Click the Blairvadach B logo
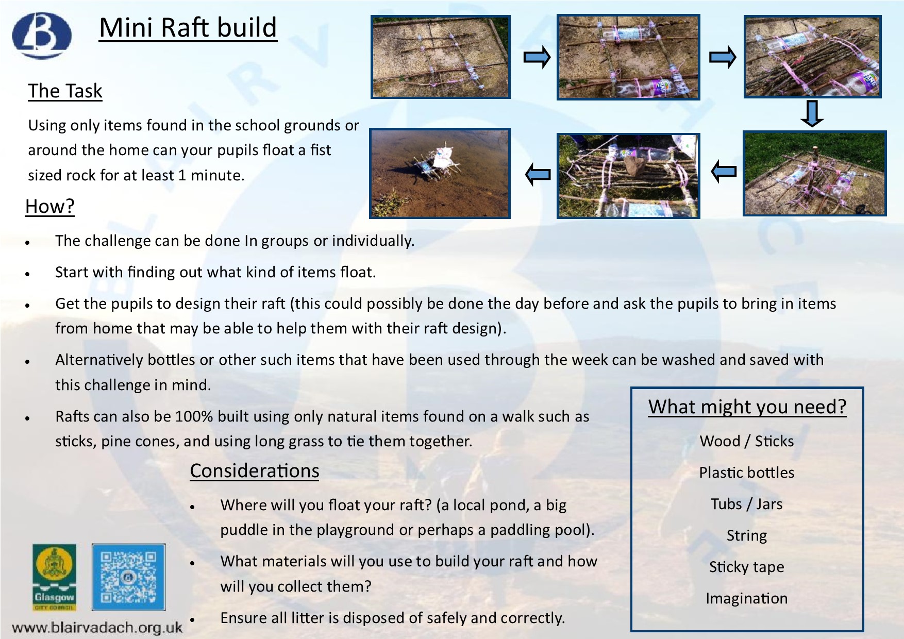[42, 36]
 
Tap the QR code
[128, 577]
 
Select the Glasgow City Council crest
[54, 577]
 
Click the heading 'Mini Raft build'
[188, 28]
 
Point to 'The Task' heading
[65, 91]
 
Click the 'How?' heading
[50, 206]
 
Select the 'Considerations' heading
[255, 471]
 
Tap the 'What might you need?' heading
[747, 407]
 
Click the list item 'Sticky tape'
[747, 567]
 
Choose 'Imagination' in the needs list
[747, 598]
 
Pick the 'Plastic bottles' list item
[747, 473]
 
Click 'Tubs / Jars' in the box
[747, 504]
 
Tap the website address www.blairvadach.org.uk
[97, 628]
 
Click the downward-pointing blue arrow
[812, 114]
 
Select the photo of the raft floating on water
[440, 173]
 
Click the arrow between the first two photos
[537, 57]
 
